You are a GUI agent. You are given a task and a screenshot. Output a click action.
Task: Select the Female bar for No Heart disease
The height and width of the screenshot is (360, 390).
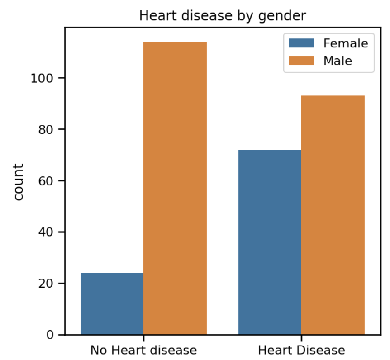112,303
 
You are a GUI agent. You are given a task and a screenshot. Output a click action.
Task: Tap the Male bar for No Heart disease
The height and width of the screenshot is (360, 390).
175,188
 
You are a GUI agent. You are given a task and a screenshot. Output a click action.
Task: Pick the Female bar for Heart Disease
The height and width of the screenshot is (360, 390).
270,242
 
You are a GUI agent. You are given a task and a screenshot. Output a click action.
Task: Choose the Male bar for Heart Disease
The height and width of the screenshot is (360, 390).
333,215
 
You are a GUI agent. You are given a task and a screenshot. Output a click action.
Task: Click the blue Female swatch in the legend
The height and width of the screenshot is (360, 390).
301,43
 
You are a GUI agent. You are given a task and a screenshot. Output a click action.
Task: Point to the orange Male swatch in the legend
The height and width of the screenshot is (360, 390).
301,60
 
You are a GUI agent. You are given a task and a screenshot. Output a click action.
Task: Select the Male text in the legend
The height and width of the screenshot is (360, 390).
338,60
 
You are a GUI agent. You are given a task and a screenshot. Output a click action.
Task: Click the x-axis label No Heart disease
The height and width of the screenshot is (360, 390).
143,350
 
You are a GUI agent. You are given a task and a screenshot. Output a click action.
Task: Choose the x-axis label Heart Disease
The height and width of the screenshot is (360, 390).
301,350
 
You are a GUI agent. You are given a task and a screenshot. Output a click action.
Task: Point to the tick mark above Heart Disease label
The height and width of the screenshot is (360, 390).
301,338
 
